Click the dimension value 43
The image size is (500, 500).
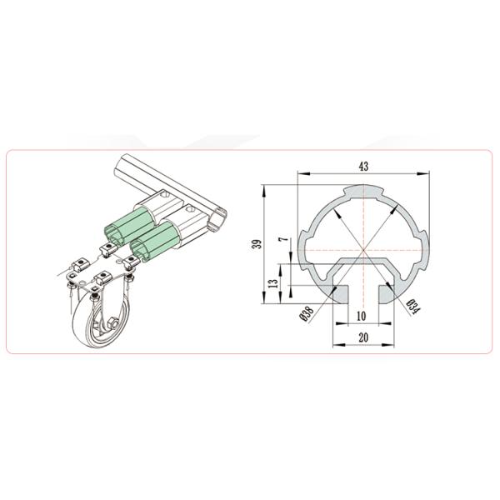pos(363,167)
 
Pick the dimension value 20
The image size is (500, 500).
pos(363,337)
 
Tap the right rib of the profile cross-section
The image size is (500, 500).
pos(424,247)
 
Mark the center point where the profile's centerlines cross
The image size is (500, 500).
pos(363,247)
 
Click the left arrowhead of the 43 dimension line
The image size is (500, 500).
pos(302,173)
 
